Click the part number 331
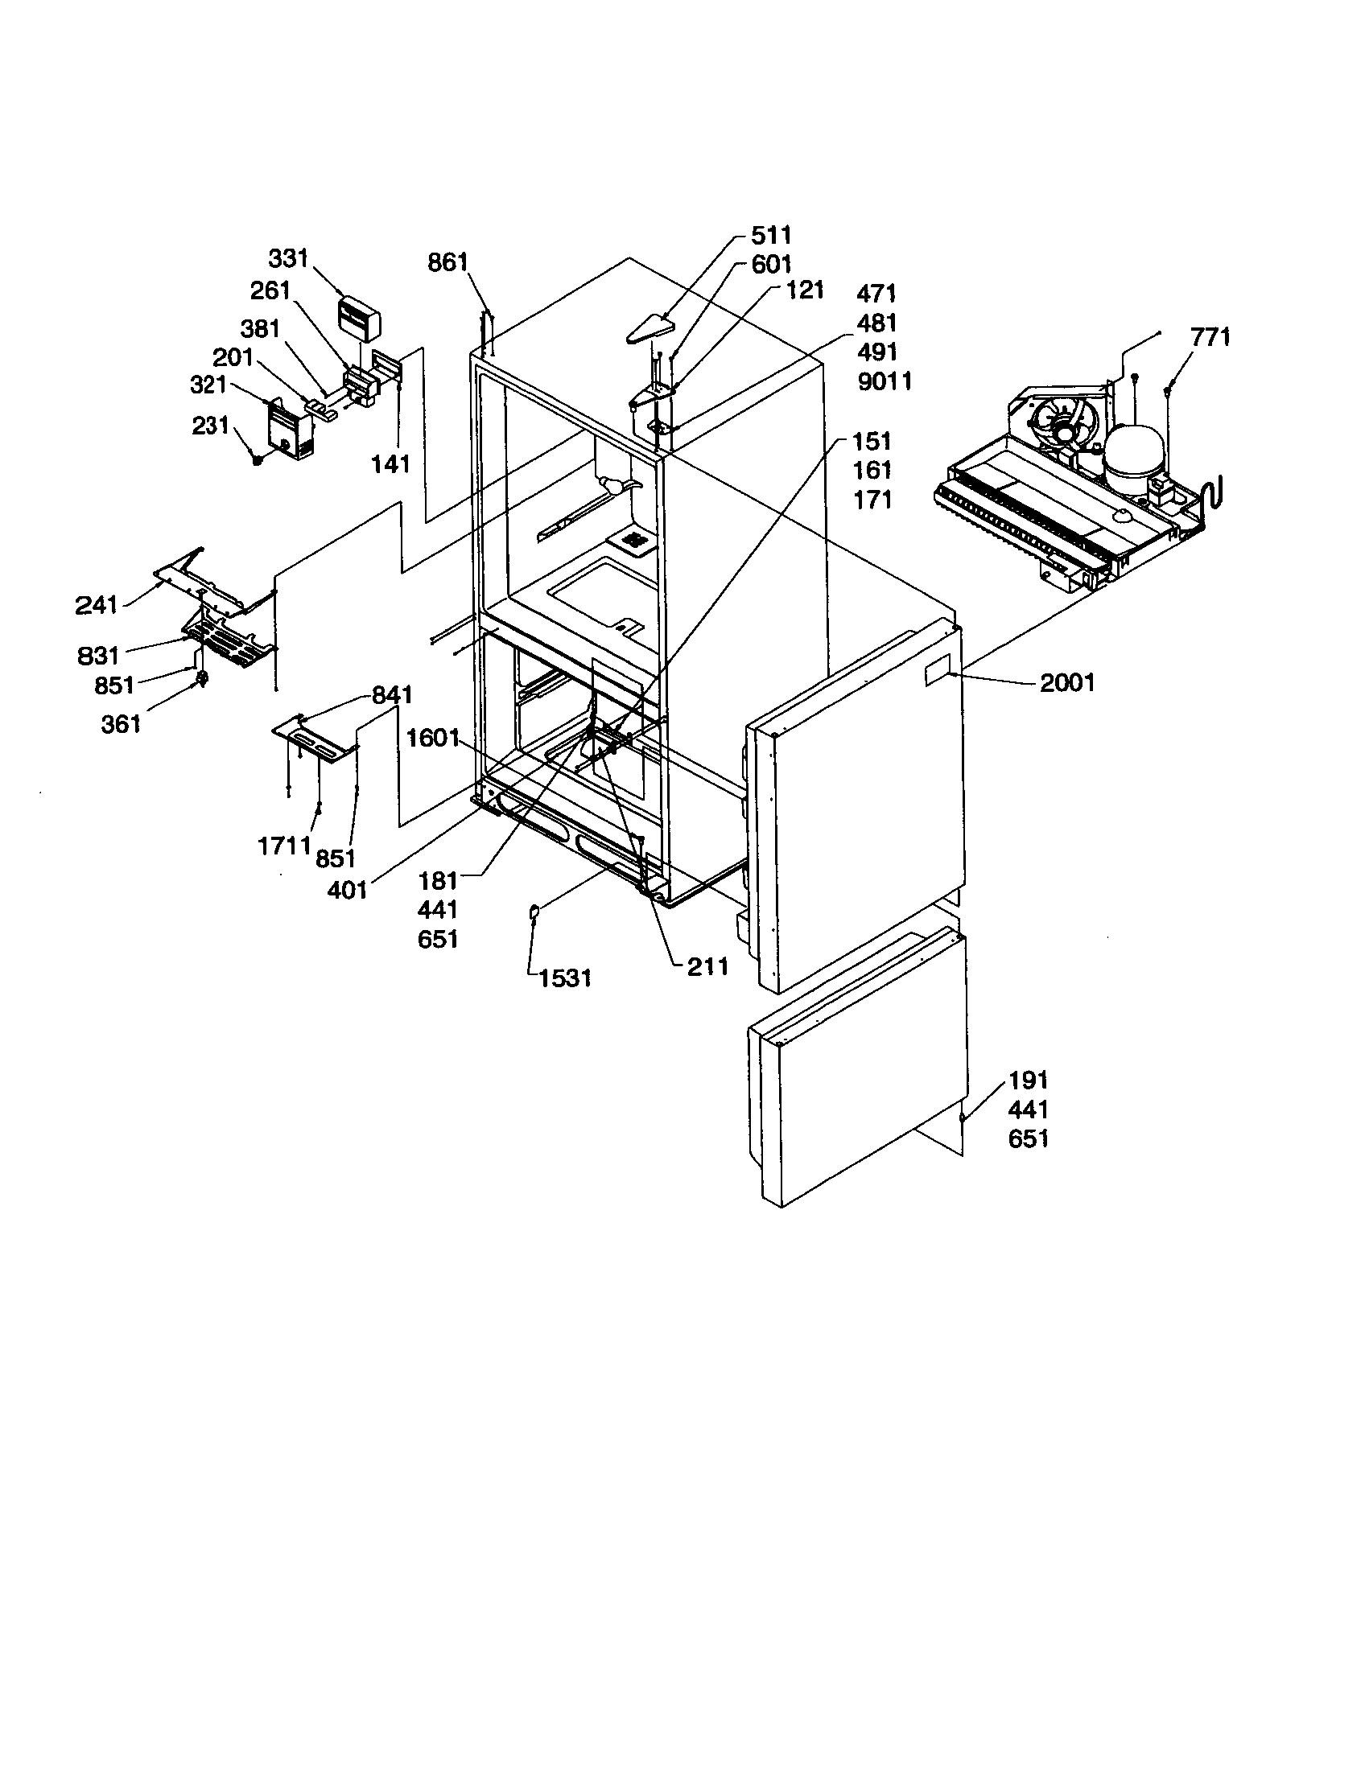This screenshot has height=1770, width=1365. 289,258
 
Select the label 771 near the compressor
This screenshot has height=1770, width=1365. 1210,337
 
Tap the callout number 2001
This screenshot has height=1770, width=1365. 1066,683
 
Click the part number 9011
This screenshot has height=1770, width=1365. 885,381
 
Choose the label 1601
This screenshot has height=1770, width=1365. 433,739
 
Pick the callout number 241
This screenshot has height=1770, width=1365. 97,604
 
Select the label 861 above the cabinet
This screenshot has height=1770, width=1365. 448,262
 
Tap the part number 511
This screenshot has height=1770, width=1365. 771,236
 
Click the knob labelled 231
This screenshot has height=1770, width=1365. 257,459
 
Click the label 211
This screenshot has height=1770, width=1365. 707,966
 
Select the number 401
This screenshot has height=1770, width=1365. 348,890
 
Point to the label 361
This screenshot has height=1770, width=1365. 121,724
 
